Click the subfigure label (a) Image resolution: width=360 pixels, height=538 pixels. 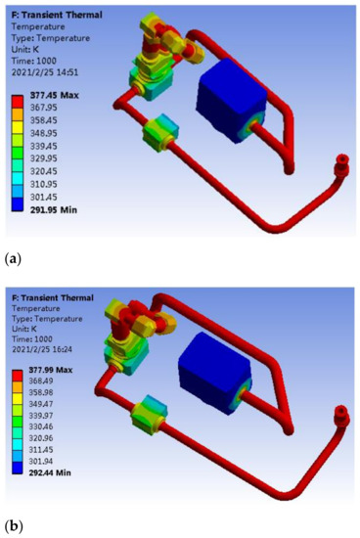tap(13, 258)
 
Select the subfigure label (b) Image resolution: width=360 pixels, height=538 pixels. tap(13, 526)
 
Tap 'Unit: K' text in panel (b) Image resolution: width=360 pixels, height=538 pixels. tap(30, 324)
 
